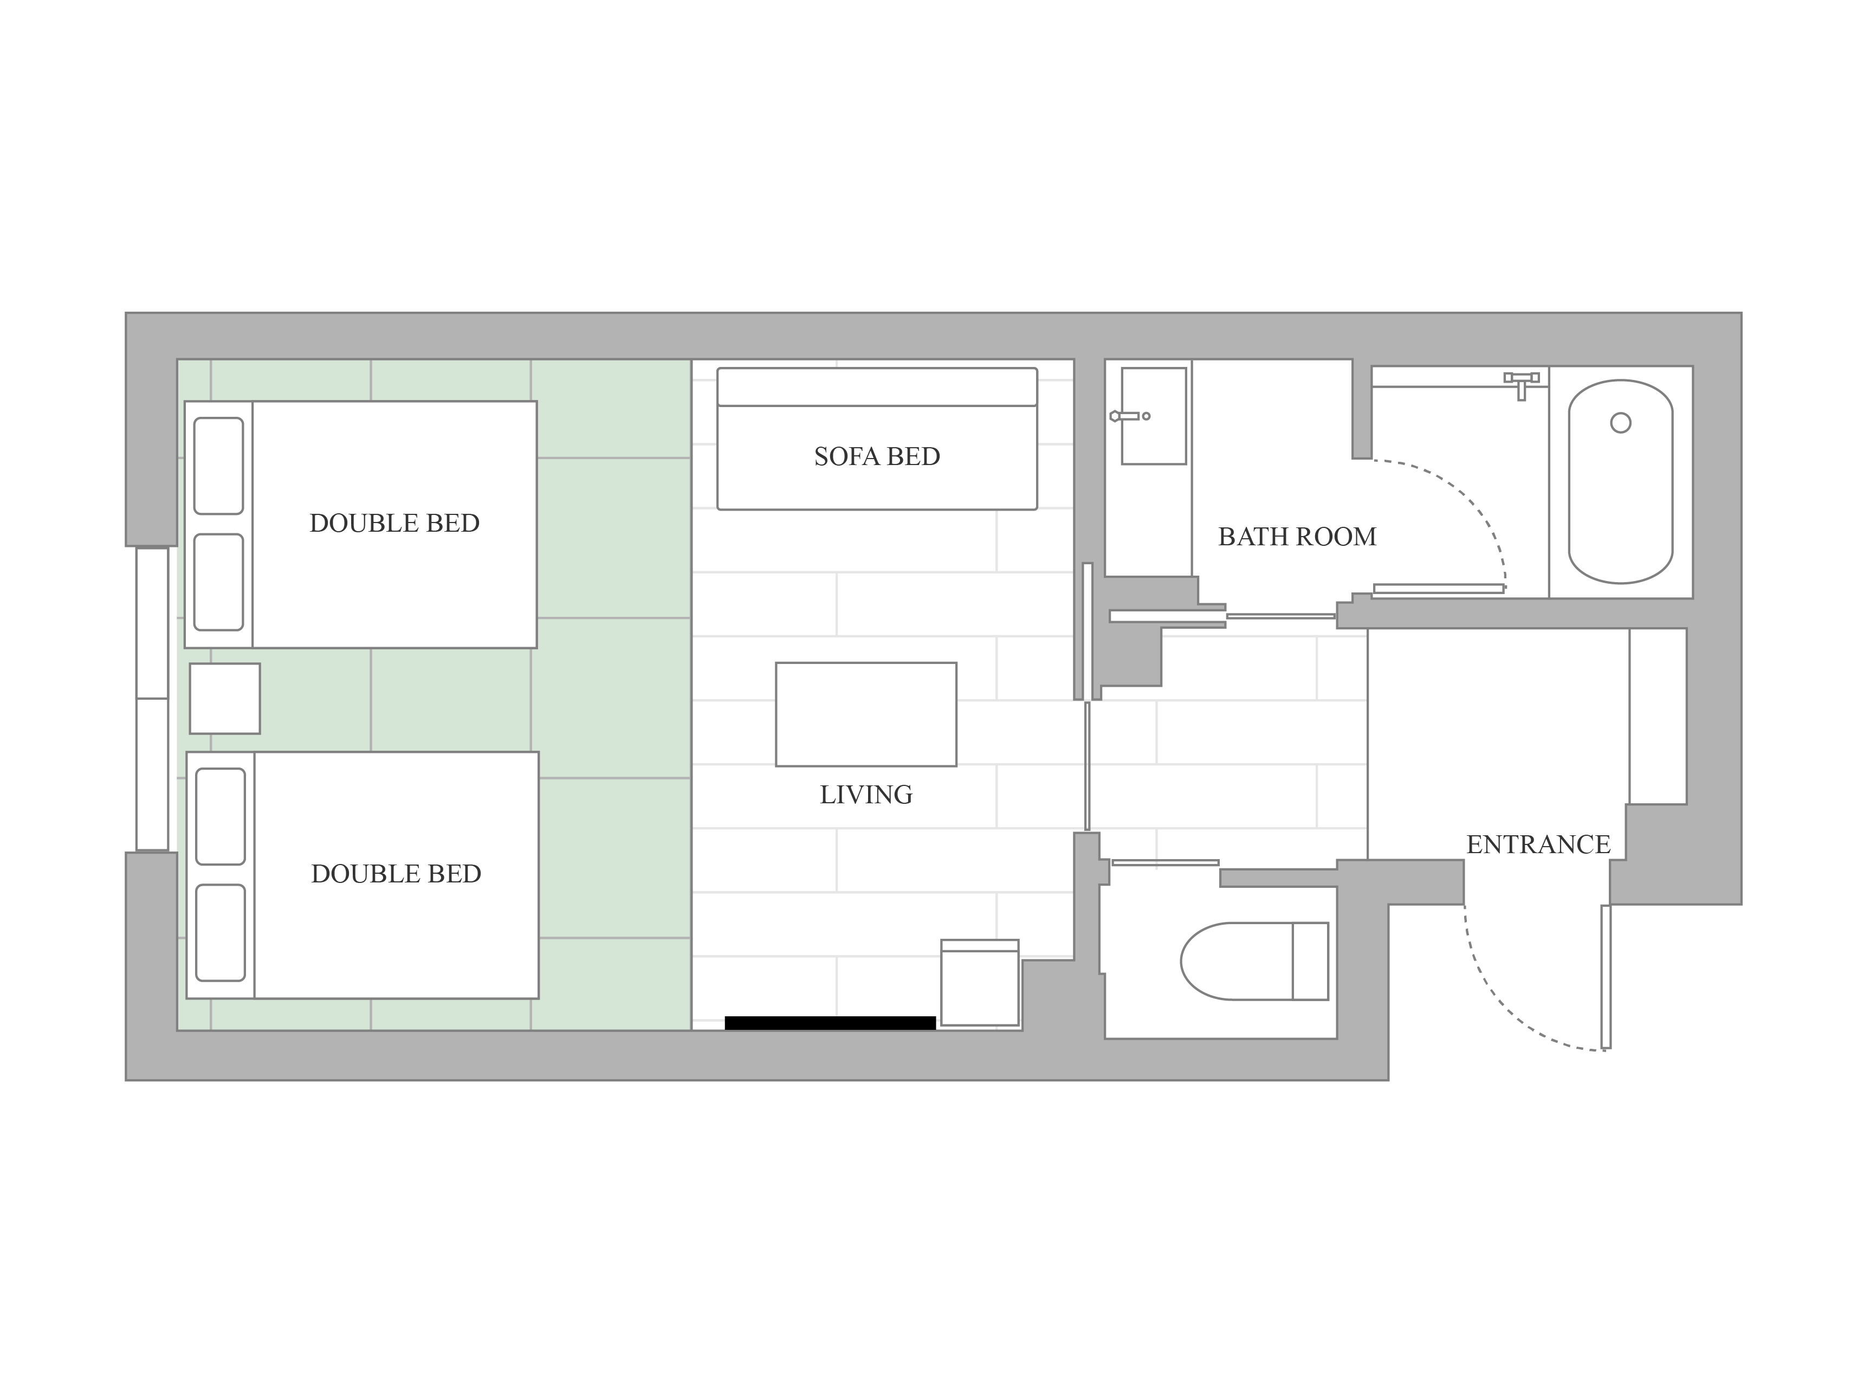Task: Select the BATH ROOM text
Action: click(1297, 537)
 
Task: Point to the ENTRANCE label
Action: click(1538, 844)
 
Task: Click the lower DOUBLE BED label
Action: click(396, 874)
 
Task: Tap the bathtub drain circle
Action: click(1620, 423)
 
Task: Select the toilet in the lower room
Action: click(1254, 962)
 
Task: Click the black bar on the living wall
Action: click(830, 1023)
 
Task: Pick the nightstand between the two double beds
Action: click(224, 699)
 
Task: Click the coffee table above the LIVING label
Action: click(865, 714)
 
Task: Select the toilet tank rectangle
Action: click(1310, 962)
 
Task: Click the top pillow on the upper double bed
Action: click(218, 466)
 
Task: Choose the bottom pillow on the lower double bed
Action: click(220, 933)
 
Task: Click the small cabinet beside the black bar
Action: click(980, 982)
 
